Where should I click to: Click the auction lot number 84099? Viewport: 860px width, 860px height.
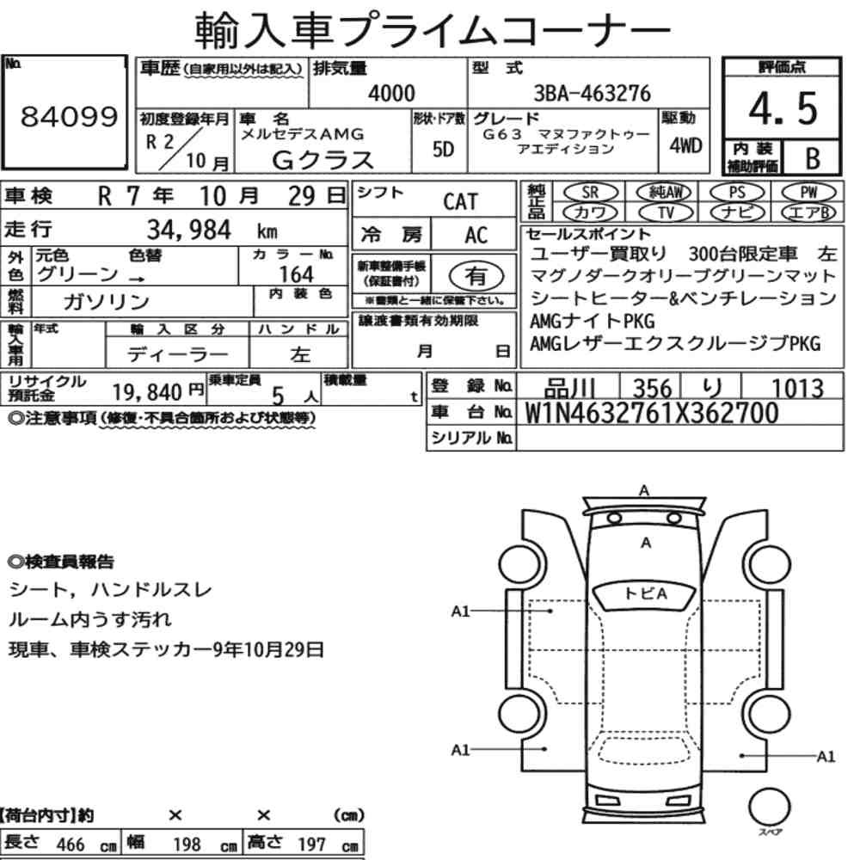click(x=69, y=116)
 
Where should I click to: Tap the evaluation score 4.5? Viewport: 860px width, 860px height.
click(x=783, y=108)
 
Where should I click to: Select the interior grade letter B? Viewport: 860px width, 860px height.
click(x=813, y=158)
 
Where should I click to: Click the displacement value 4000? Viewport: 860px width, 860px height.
click(x=391, y=93)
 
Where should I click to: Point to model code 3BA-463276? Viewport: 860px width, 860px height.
click(x=593, y=93)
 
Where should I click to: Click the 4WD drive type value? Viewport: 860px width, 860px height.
click(x=685, y=145)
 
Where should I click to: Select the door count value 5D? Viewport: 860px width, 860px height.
click(x=443, y=149)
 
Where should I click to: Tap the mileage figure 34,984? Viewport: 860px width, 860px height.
click(x=188, y=230)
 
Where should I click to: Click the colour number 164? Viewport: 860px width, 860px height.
click(x=296, y=273)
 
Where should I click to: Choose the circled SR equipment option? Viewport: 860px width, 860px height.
click(x=591, y=193)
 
